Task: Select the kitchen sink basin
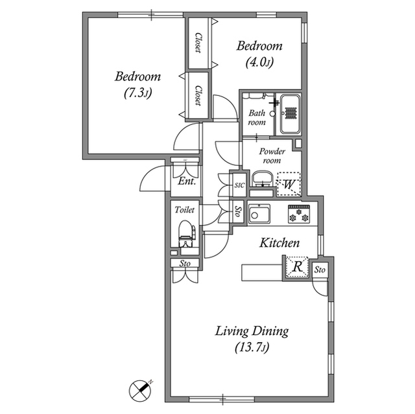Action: point(261,213)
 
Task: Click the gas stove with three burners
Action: point(300,213)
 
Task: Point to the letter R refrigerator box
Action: point(296,266)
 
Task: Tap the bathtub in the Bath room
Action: point(289,114)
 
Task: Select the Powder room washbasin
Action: point(261,179)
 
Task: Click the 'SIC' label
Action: point(238,185)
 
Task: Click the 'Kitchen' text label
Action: point(279,244)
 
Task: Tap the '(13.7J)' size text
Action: point(252,348)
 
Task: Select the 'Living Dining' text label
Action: point(252,331)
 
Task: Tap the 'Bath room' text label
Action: point(257,117)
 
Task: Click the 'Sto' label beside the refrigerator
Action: point(320,270)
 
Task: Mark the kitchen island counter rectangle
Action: point(261,272)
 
